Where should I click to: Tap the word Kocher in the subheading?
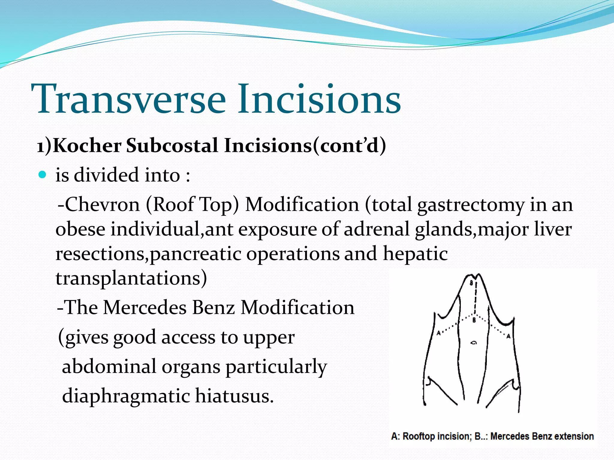pyautogui.click(x=87, y=146)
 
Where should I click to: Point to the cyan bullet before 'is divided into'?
pyautogui.click(x=43, y=175)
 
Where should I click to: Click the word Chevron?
pyautogui.click(x=102, y=205)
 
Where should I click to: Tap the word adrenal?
pyautogui.click(x=376, y=229)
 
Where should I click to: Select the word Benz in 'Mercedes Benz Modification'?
pyautogui.click(x=213, y=308)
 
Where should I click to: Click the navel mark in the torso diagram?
pyautogui.click(x=474, y=343)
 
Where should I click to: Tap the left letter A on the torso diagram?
pyautogui.click(x=438, y=333)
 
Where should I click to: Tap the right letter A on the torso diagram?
pyautogui.click(x=508, y=336)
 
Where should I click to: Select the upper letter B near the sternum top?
pyautogui.click(x=471, y=283)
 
